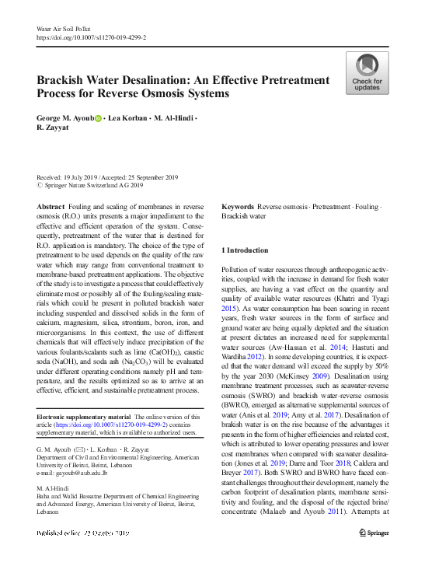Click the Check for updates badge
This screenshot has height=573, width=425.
click(368, 73)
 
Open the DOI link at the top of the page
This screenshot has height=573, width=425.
click(91, 37)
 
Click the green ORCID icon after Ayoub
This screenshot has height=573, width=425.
click(99, 118)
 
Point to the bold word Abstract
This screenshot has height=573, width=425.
click(51, 206)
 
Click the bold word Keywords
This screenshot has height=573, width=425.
click(238, 206)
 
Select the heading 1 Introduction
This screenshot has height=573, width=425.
click(246, 250)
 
